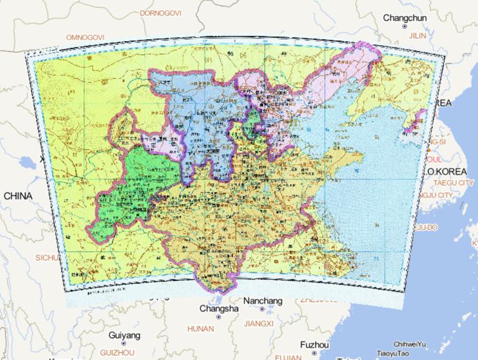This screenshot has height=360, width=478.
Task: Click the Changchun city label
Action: (x=405, y=18)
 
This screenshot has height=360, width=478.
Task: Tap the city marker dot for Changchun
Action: (x=405, y=27)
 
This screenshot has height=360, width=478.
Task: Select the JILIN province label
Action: (x=416, y=37)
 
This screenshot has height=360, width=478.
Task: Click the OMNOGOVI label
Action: (x=85, y=37)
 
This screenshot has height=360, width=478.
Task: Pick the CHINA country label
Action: (x=17, y=196)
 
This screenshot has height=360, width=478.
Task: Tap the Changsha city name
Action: (x=218, y=308)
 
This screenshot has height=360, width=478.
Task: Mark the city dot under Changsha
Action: (x=218, y=317)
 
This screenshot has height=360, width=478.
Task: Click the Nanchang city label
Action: (x=263, y=301)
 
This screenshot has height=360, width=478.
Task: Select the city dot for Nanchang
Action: (x=263, y=309)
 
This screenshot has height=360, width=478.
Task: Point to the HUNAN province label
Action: (x=200, y=328)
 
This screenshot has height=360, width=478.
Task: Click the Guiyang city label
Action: (x=124, y=335)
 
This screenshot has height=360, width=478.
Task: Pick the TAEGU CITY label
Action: (x=452, y=183)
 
